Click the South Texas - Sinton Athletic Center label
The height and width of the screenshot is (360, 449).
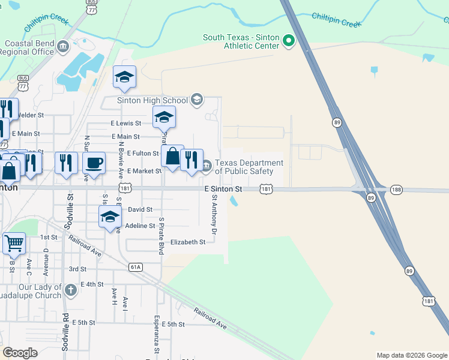click(x=241, y=41)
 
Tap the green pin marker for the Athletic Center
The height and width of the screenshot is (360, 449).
click(x=289, y=41)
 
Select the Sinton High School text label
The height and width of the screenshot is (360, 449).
click(x=152, y=100)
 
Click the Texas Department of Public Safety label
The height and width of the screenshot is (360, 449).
click(x=249, y=167)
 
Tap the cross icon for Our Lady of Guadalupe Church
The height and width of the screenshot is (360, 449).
click(x=71, y=291)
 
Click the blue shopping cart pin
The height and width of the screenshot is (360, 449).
click(x=14, y=244)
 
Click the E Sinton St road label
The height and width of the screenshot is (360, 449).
click(x=223, y=189)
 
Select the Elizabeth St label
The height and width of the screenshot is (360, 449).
click(x=188, y=242)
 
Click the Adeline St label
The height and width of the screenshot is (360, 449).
click(x=140, y=226)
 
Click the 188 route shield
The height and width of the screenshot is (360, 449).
click(x=396, y=189)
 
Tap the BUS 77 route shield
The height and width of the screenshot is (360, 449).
click(x=23, y=82)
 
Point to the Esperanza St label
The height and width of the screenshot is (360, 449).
click(x=157, y=332)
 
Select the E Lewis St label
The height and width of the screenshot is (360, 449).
click(x=125, y=122)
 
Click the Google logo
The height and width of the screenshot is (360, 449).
click(x=20, y=353)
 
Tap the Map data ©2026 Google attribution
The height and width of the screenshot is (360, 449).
click(x=411, y=355)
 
